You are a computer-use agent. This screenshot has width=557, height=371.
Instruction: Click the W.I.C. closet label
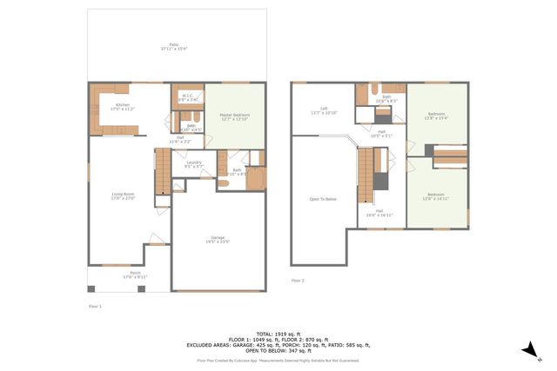coord(188,97)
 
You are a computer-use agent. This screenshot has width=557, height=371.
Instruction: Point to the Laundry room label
coord(193,163)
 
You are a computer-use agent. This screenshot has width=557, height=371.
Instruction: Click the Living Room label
coord(123,195)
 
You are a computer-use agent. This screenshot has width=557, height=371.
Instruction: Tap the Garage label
coord(218,239)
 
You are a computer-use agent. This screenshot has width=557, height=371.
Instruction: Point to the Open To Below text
coord(322,199)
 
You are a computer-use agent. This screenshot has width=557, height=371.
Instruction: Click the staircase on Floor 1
coord(161,171)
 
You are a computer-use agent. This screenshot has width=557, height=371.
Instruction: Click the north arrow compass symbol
coord(528,349)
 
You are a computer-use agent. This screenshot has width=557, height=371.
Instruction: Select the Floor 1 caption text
coord(96,307)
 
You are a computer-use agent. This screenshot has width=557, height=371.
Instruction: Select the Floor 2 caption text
coord(299,281)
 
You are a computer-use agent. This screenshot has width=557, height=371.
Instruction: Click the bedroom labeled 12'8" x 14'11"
coord(438,196)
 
